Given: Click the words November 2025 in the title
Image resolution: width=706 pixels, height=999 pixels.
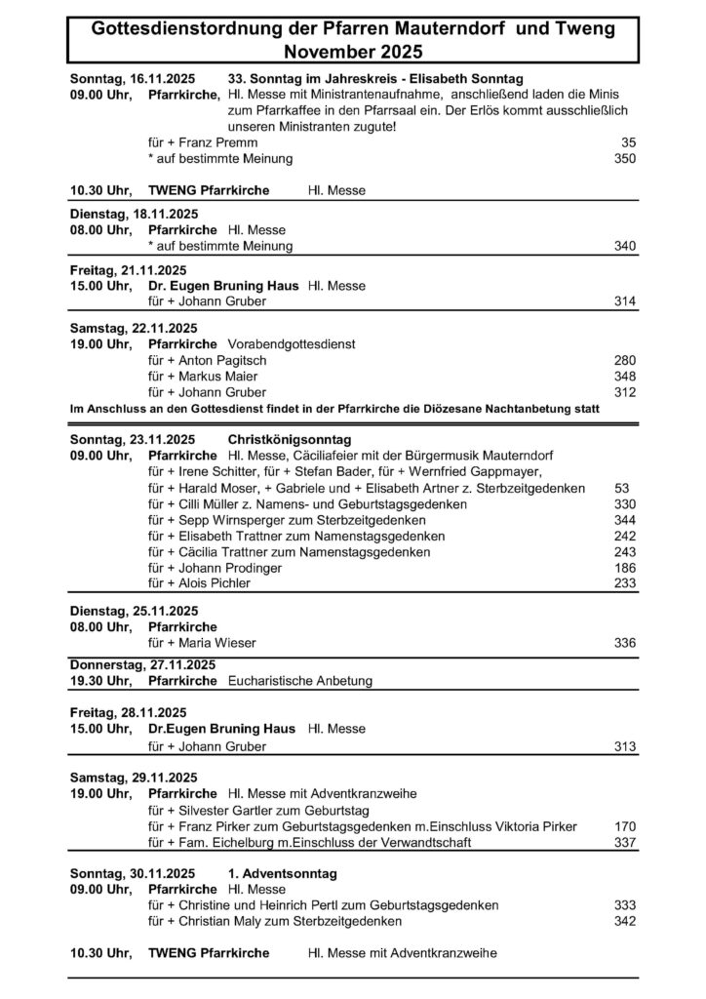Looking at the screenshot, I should click(353, 51).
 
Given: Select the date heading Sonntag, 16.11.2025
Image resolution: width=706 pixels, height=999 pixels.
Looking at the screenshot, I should click(133, 78).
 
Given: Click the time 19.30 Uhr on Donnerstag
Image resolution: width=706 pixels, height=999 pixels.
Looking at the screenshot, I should click(100, 681).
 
